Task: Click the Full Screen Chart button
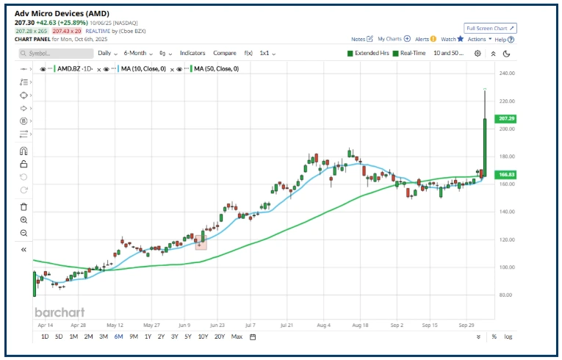[491, 28]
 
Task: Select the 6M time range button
[118, 336]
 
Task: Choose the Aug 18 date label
[359, 323]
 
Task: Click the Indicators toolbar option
[192, 54]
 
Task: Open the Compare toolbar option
[225, 54]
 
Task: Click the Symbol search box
[56, 54]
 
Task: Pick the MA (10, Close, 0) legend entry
[143, 68]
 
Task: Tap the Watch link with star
[452, 39]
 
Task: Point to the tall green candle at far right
[485, 147]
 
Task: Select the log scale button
[508, 336]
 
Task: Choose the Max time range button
[237, 336]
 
